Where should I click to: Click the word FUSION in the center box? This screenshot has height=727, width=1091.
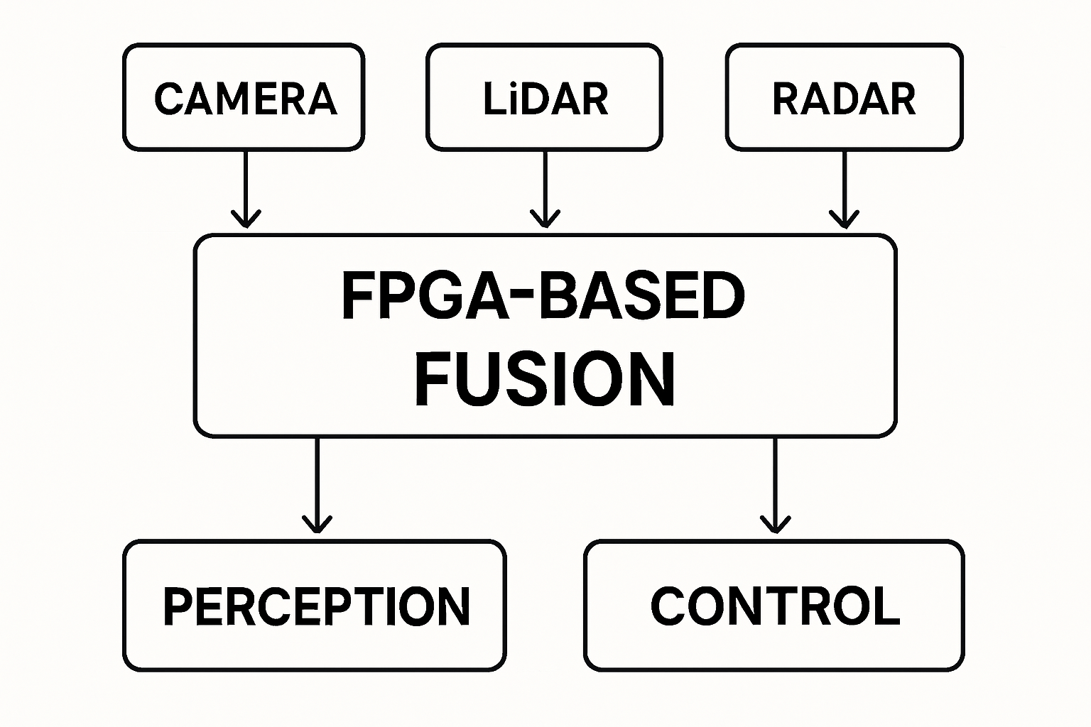point(545,378)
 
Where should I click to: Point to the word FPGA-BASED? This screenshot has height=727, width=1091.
point(543,296)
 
